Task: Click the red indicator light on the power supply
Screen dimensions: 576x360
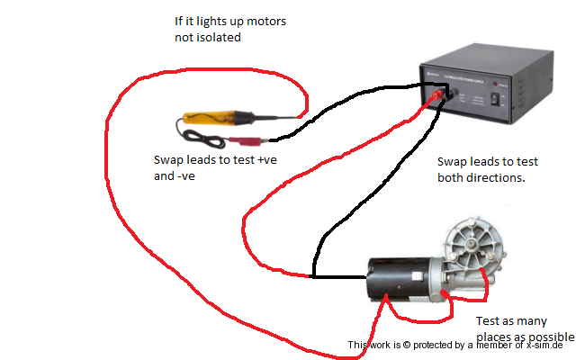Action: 495,85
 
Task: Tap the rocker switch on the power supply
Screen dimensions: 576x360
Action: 495,99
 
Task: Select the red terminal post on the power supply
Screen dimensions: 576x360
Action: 436,95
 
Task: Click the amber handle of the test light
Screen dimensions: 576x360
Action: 209,118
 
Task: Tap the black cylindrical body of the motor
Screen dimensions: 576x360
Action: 400,279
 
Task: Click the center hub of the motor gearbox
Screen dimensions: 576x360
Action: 471,244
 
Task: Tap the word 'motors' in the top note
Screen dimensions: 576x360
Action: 266,22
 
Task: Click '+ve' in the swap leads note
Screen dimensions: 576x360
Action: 267,160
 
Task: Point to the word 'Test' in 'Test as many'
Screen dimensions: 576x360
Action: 487,321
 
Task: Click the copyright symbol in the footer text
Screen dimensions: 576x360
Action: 406,346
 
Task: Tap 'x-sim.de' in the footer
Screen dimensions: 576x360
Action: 544,346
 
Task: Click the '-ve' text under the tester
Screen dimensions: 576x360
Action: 186,176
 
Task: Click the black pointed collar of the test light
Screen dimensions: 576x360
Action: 244,117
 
